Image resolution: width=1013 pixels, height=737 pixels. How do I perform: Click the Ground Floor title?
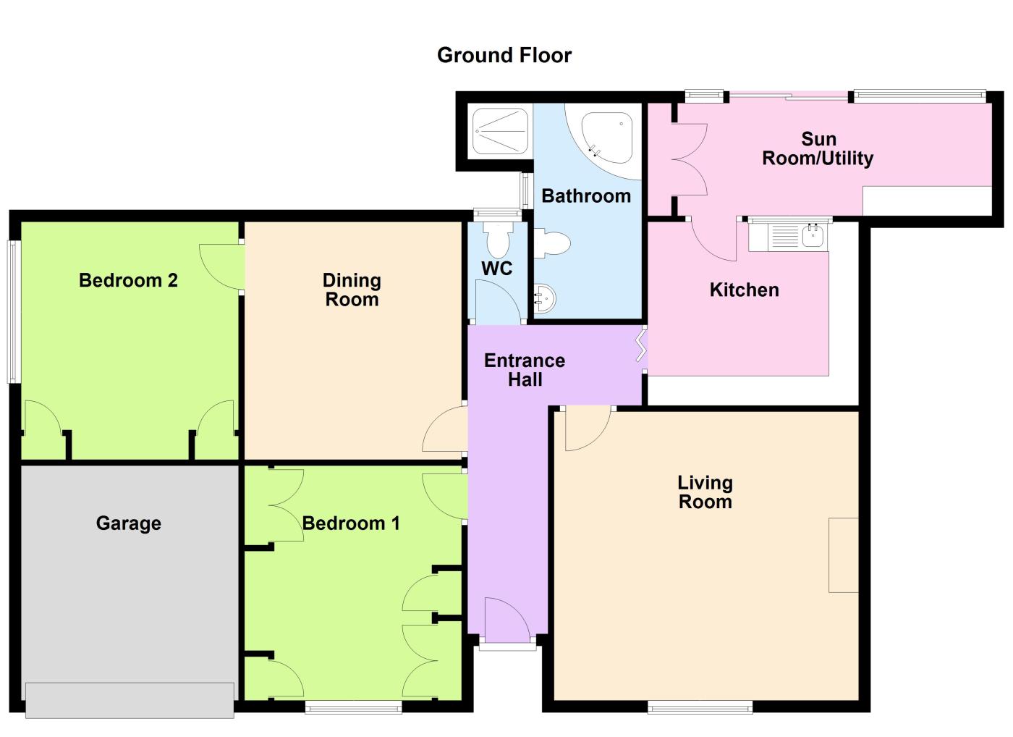tap(504, 55)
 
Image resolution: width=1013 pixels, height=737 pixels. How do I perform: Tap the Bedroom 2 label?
tap(128, 280)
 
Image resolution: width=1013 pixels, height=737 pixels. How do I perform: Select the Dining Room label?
tap(352, 290)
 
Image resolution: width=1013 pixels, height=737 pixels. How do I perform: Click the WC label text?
tap(496, 269)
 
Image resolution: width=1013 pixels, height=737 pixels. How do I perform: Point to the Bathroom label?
tap(586, 195)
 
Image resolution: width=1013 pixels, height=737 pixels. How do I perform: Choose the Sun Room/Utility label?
tap(818, 148)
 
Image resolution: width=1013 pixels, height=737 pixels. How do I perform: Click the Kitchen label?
tap(744, 290)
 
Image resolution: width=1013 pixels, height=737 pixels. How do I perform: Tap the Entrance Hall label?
tap(525, 370)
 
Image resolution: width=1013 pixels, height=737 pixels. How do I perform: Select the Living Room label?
tap(705, 492)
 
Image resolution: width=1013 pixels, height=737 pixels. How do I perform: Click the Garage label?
tap(128, 523)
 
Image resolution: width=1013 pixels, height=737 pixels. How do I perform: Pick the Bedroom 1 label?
tap(351, 523)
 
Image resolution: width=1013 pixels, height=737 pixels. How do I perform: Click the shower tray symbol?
tap(499, 131)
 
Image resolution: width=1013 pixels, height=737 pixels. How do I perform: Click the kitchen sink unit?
tap(789, 236)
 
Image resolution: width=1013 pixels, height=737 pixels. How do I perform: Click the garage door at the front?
tap(130, 699)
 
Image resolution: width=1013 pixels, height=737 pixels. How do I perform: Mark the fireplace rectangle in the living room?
tap(844, 555)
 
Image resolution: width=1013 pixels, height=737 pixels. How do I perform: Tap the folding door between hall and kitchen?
tap(642, 346)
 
